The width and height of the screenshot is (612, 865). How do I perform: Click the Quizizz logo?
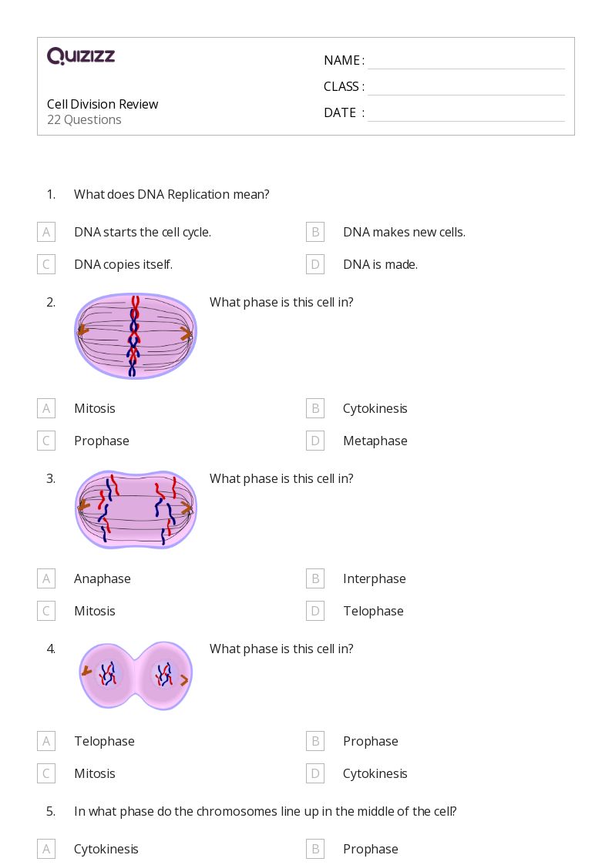tap(81, 56)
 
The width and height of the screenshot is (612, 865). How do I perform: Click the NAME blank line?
tap(466, 62)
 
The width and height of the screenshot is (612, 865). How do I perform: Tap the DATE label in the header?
tap(340, 113)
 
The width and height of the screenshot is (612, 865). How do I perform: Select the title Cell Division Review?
tap(103, 104)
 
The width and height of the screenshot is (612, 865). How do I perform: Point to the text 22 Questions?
tap(84, 120)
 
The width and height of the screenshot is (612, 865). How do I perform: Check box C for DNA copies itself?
tap(46, 264)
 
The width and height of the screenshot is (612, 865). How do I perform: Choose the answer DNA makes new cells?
tap(404, 232)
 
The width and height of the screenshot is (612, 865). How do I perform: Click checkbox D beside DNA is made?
tap(315, 264)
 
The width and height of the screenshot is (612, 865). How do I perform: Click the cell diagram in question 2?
tap(136, 336)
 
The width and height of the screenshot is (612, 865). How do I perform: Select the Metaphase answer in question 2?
tap(375, 441)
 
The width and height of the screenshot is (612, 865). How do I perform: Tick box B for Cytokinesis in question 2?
tap(315, 408)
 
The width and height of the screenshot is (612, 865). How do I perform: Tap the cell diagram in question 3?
tap(136, 509)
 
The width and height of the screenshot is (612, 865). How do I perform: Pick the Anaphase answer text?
tap(103, 578)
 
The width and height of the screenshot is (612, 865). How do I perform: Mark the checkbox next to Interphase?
tap(315, 578)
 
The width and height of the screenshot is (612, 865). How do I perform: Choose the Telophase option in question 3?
tap(373, 611)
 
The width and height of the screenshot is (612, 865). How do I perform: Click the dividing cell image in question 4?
tap(136, 676)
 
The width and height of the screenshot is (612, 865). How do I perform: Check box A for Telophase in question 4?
tap(46, 741)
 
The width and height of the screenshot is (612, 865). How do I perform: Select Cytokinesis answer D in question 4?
tap(375, 773)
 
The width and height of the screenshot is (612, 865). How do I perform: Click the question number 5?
tap(51, 811)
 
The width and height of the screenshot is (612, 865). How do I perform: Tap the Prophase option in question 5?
tap(370, 849)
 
